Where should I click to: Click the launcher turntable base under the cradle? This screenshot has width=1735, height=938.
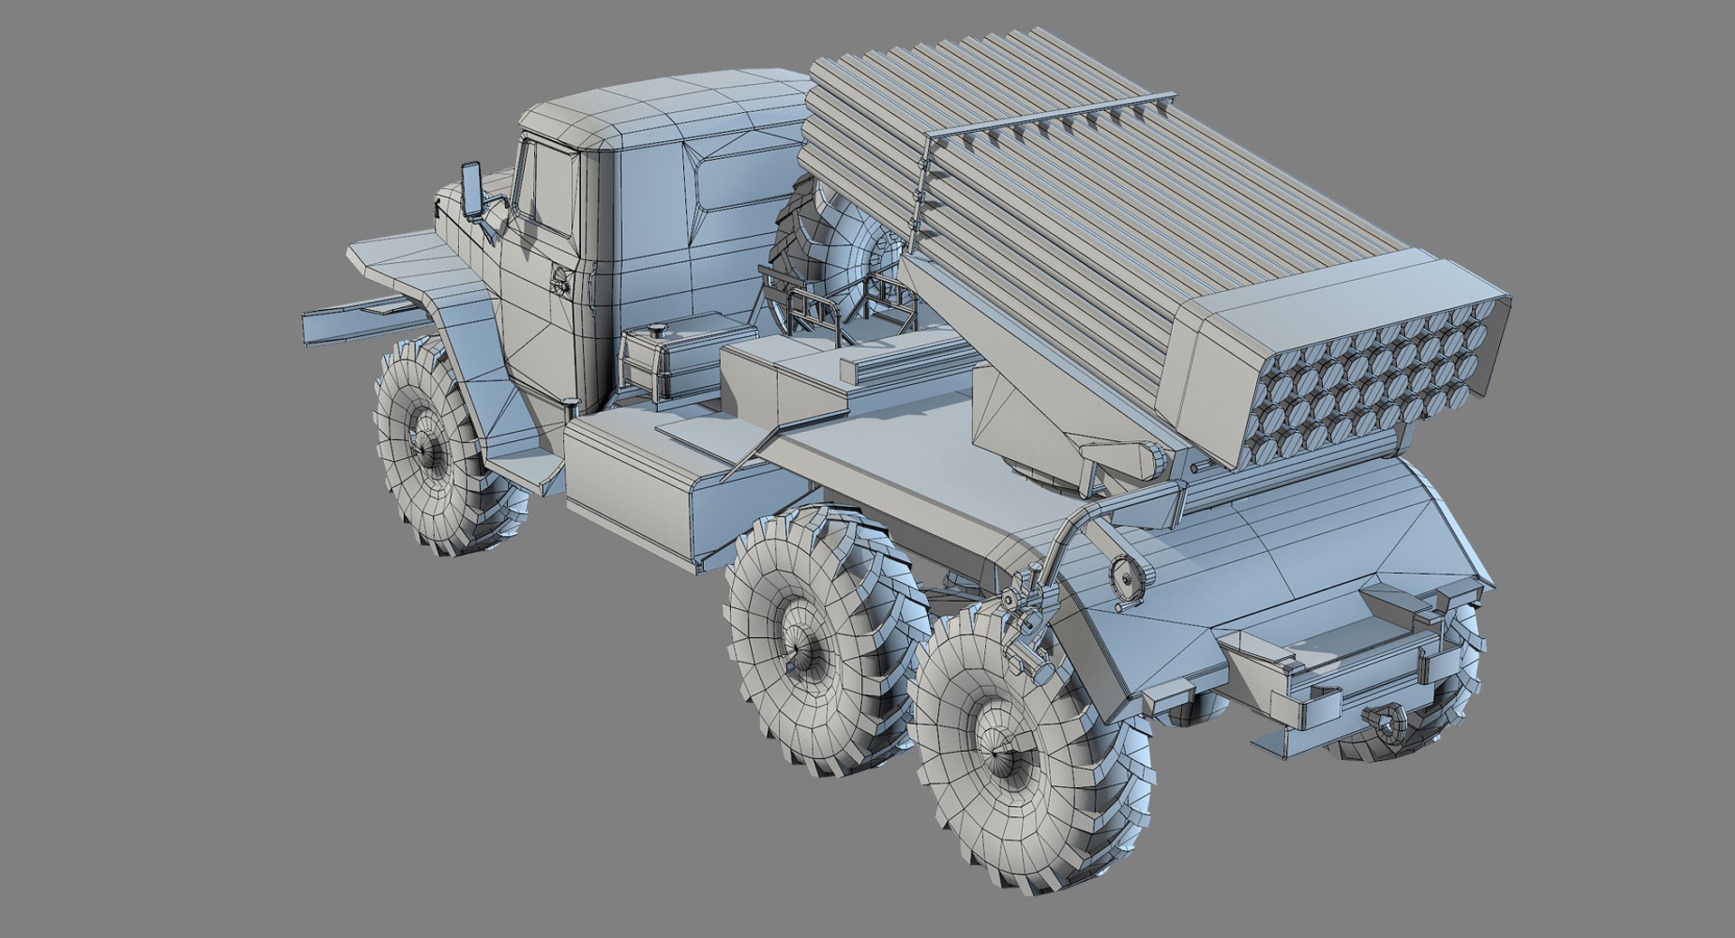[x=1039, y=474]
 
